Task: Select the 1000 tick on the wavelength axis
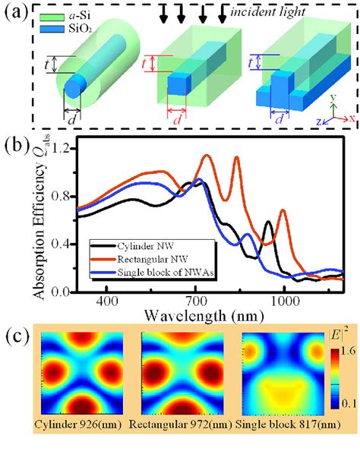pos(284,301)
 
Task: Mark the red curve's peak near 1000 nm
pos(283,210)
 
